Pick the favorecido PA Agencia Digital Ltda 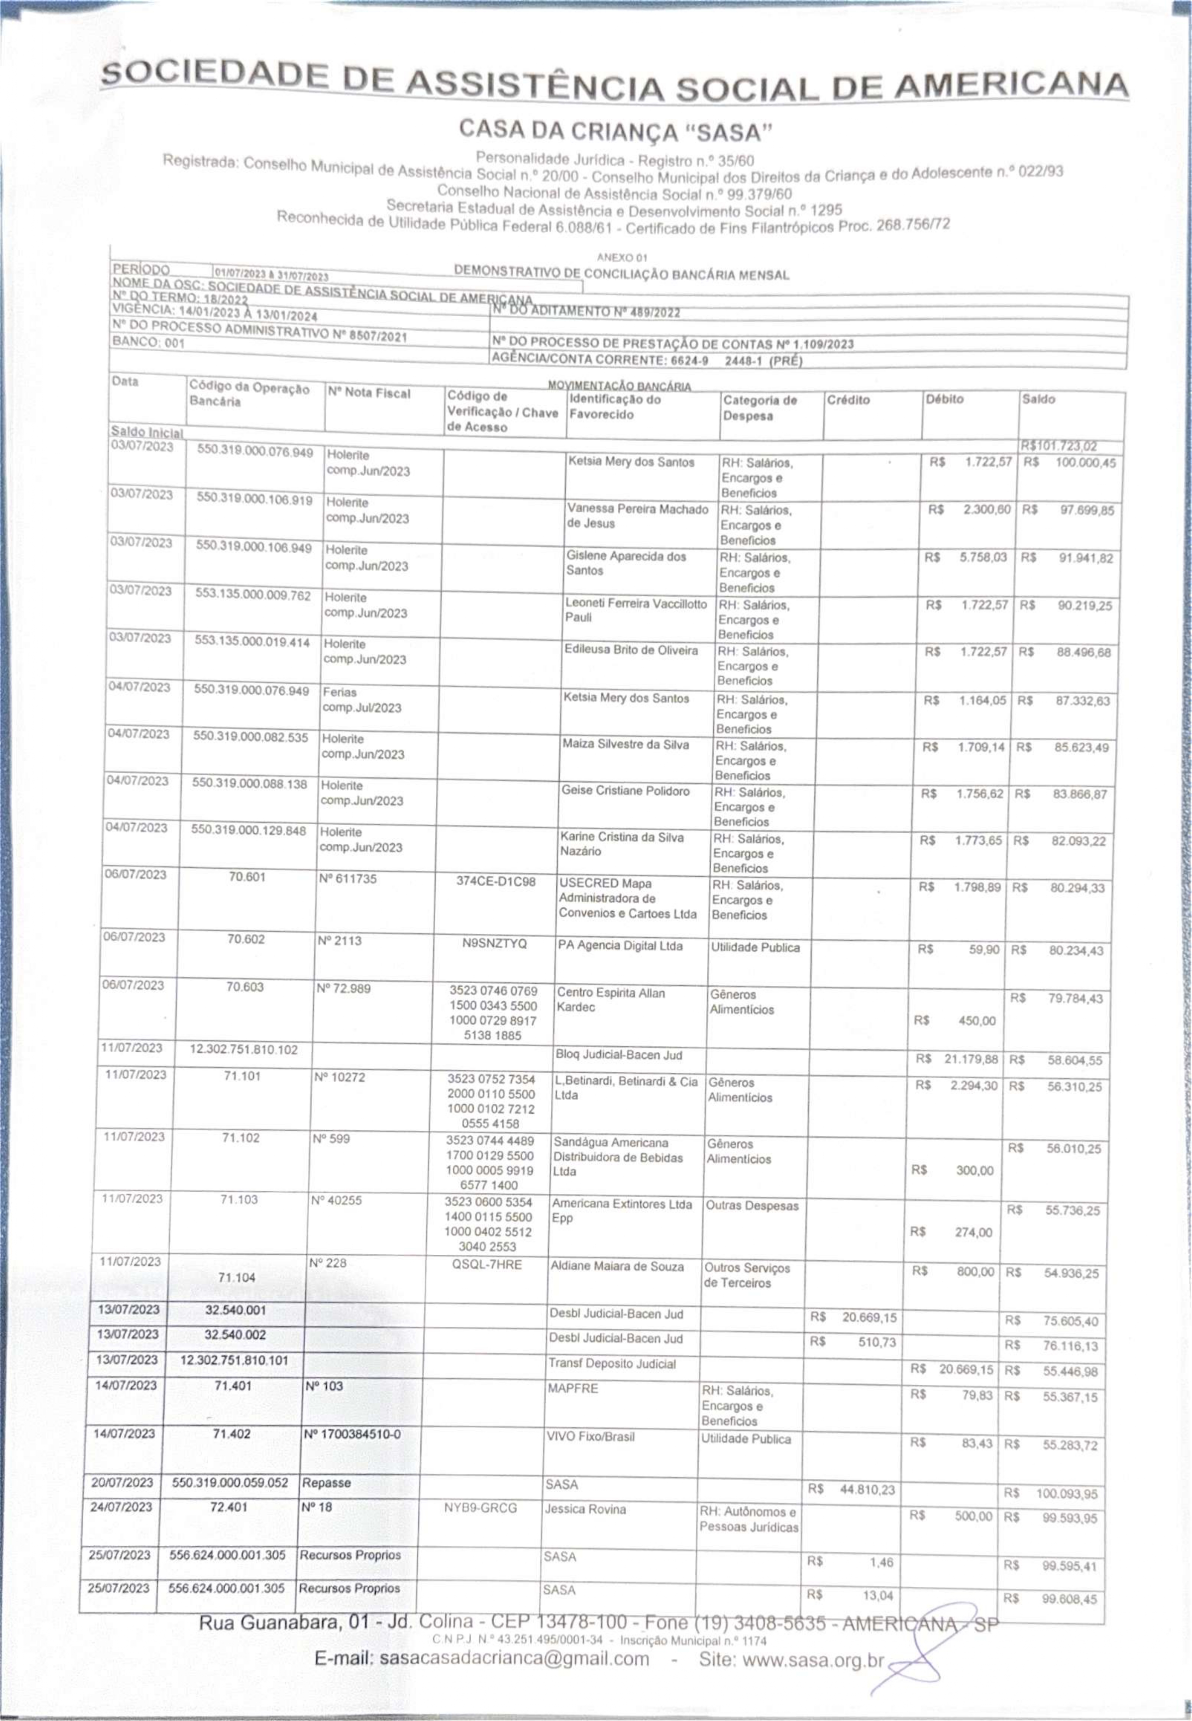click(x=619, y=945)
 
